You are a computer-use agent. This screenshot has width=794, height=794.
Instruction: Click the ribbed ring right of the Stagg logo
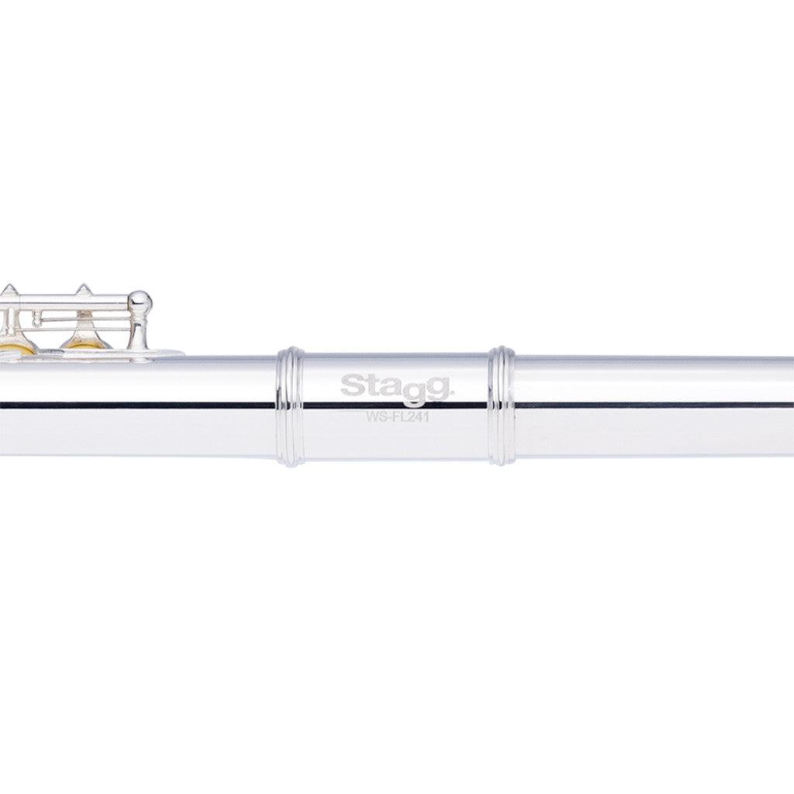point(502,406)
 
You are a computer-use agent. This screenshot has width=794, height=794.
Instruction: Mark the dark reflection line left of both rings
point(140,404)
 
